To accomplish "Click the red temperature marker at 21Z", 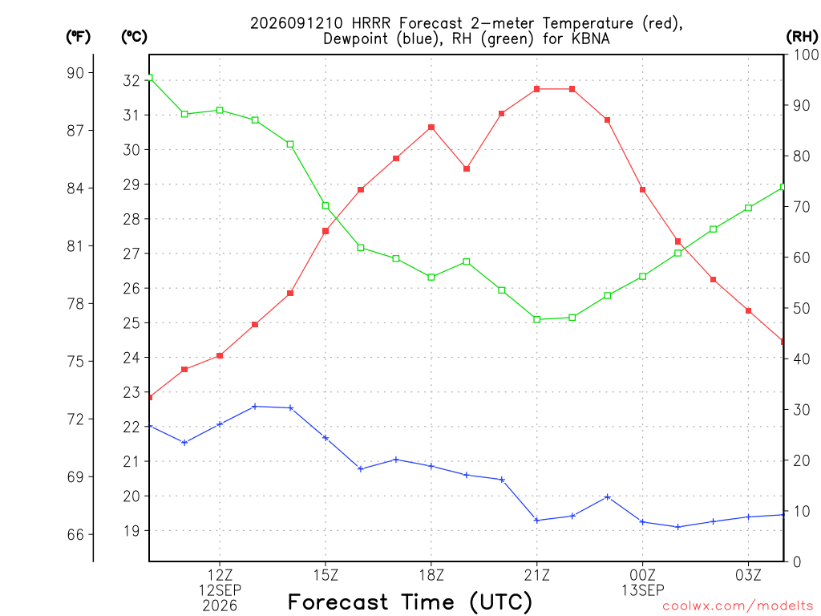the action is [536, 89].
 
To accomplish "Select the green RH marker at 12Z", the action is [220, 110].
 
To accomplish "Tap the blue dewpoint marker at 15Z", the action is [326, 437].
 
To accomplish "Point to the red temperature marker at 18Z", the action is [431, 128].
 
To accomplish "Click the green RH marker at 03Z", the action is [748, 208].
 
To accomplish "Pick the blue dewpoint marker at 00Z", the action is [642, 521].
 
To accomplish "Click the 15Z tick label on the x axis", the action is [326, 575].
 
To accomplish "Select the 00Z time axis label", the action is [642, 575].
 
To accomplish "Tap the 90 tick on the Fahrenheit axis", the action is [75, 73].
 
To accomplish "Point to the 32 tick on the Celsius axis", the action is [131, 81].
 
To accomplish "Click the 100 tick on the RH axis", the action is [806, 55].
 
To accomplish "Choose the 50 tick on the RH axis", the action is [801, 308].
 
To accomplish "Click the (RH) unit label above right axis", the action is [802, 37].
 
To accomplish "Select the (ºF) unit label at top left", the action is [78, 37].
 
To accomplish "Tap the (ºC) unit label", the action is [134, 37].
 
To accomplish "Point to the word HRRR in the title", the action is [370, 23].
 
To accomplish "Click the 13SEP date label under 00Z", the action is [642, 590].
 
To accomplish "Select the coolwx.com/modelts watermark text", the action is [738, 606].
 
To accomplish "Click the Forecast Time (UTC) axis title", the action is [410, 602].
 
